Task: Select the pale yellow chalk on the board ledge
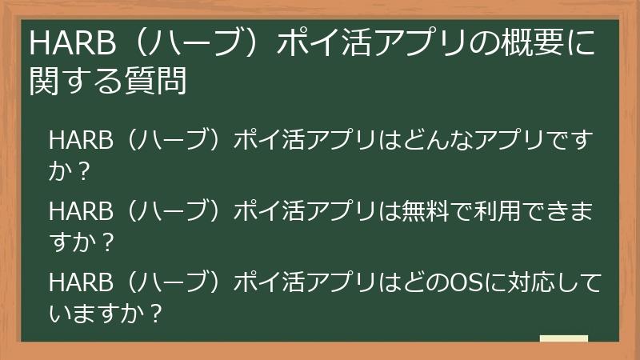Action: tap(563, 339)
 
